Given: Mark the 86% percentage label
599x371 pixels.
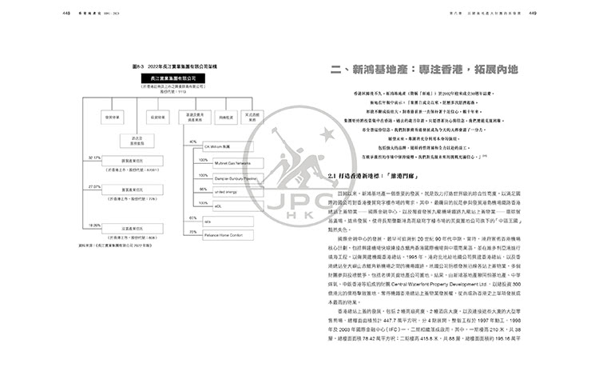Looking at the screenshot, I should (x=192, y=189).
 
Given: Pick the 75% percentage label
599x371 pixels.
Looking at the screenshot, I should (x=192, y=232).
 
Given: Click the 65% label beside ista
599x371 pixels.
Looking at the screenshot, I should (x=192, y=217).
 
